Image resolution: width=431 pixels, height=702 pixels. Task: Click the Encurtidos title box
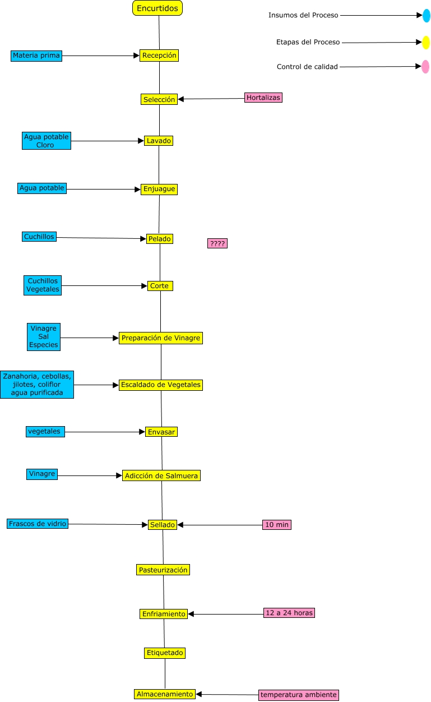(x=157, y=8)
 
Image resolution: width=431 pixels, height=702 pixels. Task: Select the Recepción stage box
(x=159, y=56)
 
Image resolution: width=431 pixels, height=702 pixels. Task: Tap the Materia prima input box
(x=36, y=56)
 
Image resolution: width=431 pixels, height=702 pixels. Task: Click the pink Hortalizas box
(x=263, y=98)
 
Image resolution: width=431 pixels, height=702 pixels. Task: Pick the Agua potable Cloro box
(x=47, y=141)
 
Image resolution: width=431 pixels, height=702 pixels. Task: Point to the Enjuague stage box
(x=159, y=189)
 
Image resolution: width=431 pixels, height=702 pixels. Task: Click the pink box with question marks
(x=217, y=243)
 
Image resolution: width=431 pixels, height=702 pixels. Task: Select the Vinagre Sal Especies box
(x=44, y=337)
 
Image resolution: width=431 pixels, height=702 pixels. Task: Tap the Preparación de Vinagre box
(x=160, y=338)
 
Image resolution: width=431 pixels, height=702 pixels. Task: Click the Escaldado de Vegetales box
(x=160, y=385)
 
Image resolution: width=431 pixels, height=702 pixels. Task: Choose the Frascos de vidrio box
(x=38, y=524)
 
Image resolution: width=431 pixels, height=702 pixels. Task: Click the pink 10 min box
(x=277, y=525)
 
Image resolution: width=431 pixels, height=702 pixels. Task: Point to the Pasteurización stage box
(x=163, y=570)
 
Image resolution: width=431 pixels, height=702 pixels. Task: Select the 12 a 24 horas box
(x=289, y=613)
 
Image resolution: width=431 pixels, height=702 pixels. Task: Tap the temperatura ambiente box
(x=299, y=695)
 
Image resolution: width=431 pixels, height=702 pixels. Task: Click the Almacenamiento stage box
(x=165, y=694)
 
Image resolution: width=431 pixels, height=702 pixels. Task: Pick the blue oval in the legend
(x=427, y=16)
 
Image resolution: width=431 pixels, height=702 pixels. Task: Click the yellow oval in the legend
(x=426, y=42)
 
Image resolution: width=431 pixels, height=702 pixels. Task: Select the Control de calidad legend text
(x=307, y=67)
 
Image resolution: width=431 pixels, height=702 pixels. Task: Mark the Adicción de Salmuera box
(x=161, y=475)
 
